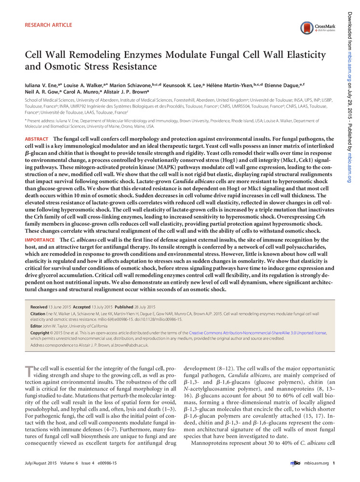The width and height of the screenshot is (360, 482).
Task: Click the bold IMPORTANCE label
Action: [x=40, y=240]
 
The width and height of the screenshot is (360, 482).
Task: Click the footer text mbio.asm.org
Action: [x=316, y=463]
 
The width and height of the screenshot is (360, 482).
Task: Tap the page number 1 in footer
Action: [x=333, y=463]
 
